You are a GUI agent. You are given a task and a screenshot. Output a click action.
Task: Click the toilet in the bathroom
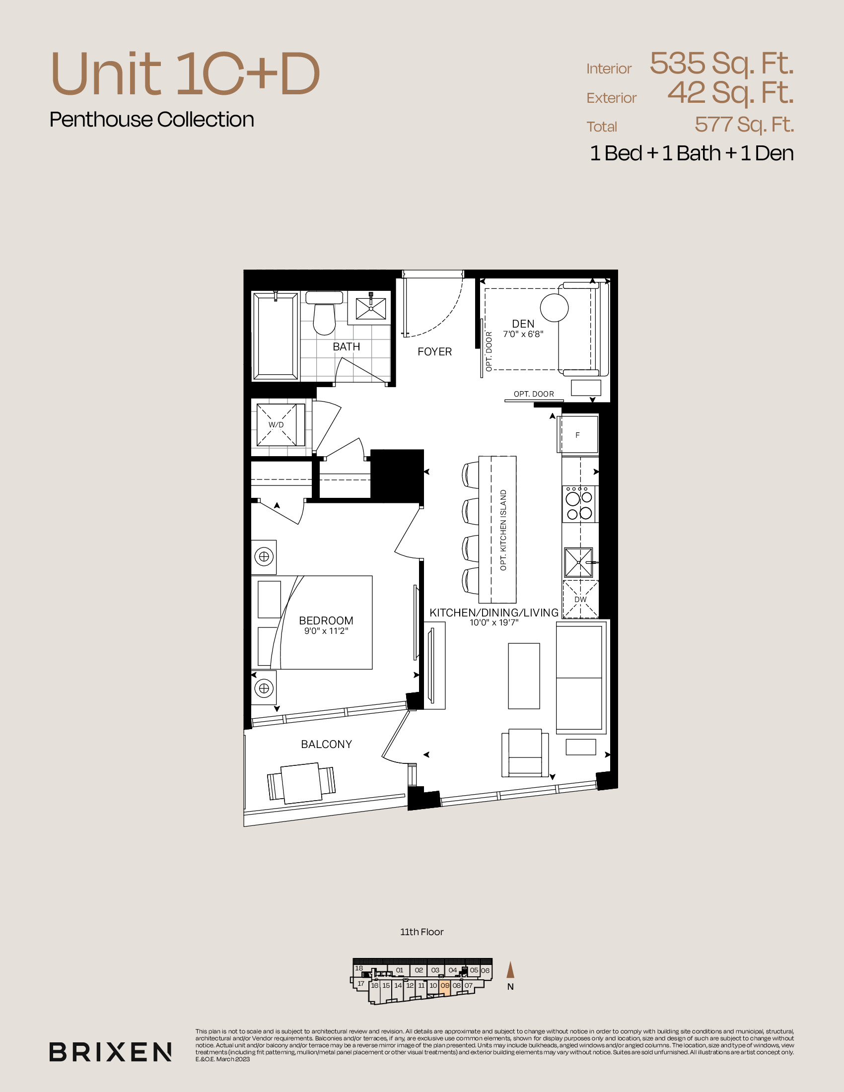324,313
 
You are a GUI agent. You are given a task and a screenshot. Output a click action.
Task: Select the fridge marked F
578,434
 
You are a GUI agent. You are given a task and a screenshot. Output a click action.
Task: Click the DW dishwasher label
580,599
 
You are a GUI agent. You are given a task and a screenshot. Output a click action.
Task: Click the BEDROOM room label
326,620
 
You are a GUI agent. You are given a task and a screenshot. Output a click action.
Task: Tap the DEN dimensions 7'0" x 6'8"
523,334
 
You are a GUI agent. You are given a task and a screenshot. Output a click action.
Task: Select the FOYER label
434,351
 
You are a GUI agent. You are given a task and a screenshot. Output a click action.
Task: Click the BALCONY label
327,744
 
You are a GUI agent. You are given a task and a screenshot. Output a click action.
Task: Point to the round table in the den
554,307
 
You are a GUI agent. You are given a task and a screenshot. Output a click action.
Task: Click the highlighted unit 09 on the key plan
444,985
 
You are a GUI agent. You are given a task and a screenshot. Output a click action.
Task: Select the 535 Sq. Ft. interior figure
721,64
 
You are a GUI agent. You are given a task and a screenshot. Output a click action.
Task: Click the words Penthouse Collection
152,120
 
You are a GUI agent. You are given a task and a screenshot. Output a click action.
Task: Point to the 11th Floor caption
422,932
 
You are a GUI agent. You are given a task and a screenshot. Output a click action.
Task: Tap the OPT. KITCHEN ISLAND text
503,530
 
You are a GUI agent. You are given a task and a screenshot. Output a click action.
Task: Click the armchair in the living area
525,753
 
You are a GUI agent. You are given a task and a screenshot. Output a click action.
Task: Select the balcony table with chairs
301,783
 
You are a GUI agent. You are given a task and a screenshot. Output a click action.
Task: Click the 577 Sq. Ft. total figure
744,125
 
